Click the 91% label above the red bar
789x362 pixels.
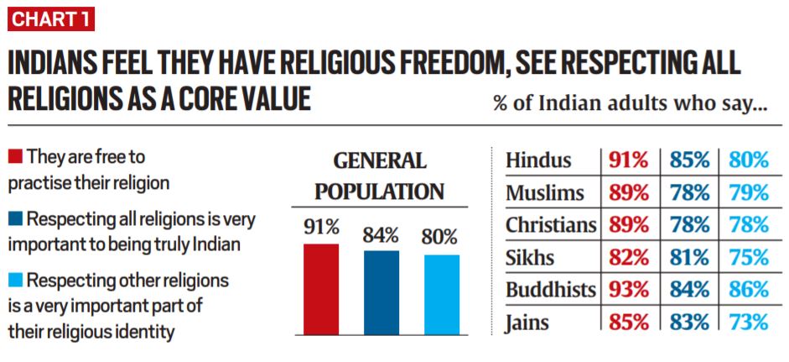tap(321, 228)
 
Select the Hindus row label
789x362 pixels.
tap(538, 160)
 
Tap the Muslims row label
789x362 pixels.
tap(545, 193)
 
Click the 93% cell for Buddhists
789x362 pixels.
tap(629, 290)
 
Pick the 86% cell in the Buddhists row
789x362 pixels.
tap(748, 290)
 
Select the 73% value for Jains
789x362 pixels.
tap(748, 322)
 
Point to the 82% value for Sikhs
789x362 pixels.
tap(629, 258)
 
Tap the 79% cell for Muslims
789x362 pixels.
tap(748, 193)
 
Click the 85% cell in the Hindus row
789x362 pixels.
tap(689, 160)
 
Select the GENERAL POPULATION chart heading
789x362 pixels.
tap(380, 176)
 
